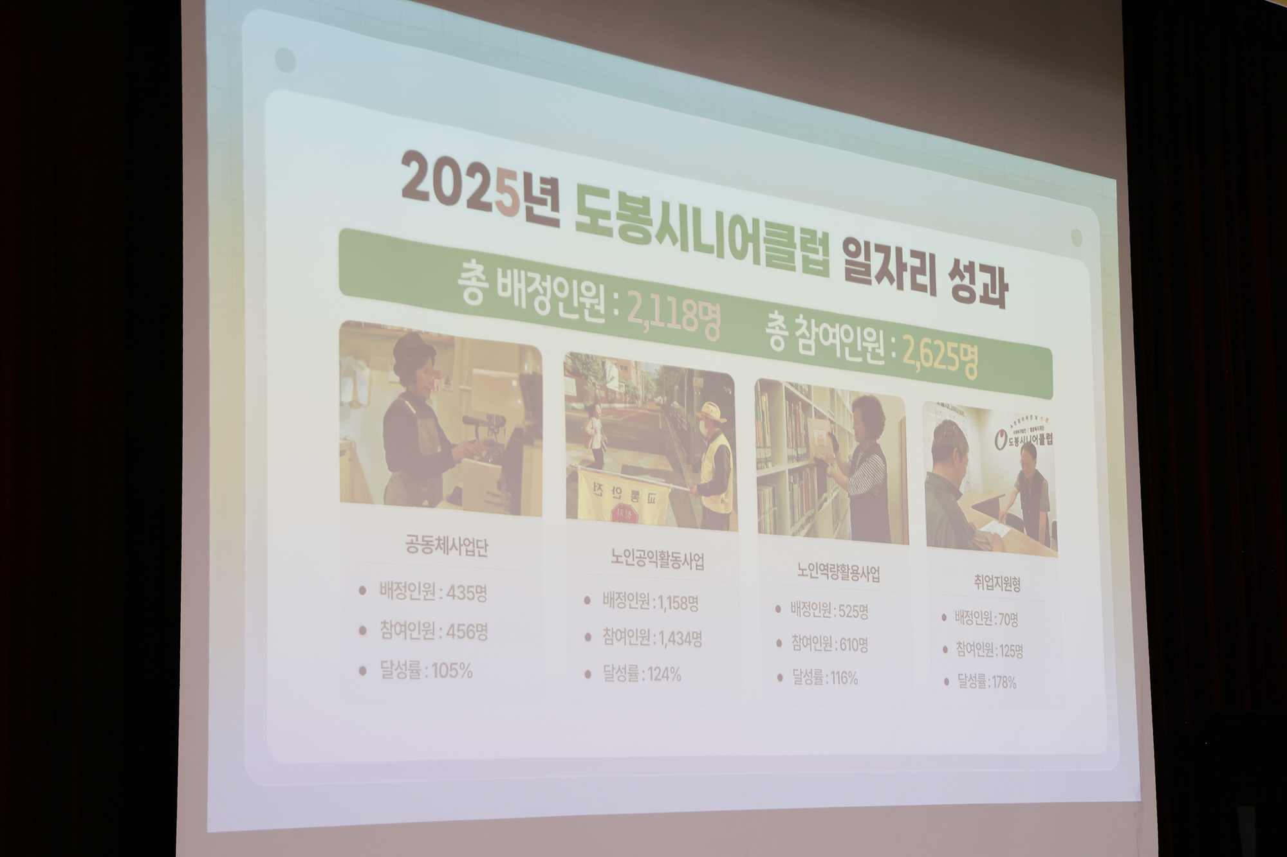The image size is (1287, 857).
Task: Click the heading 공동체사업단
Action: [446, 547]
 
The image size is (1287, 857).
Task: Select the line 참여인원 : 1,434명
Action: [652, 638]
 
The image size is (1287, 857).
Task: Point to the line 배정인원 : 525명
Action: [829, 611]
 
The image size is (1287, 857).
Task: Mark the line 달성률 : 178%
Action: [986, 681]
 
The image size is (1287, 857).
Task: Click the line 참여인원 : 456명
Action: [433, 631]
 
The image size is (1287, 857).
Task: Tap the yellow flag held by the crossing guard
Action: [622, 496]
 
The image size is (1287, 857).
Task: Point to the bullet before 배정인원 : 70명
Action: [944, 617]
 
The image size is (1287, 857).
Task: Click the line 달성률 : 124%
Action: [642, 674]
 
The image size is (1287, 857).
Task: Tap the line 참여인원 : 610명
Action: [829, 644]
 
